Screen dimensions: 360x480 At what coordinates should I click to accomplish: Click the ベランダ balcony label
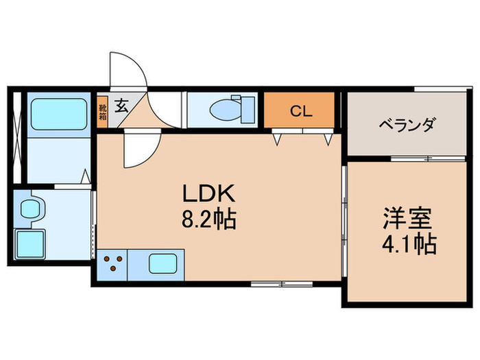click(407, 125)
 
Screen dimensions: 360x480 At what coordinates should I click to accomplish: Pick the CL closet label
click(300, 110)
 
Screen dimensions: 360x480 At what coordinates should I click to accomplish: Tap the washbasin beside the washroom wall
click(31, 208)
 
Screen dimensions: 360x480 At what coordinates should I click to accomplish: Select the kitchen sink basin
click(164, 264)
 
